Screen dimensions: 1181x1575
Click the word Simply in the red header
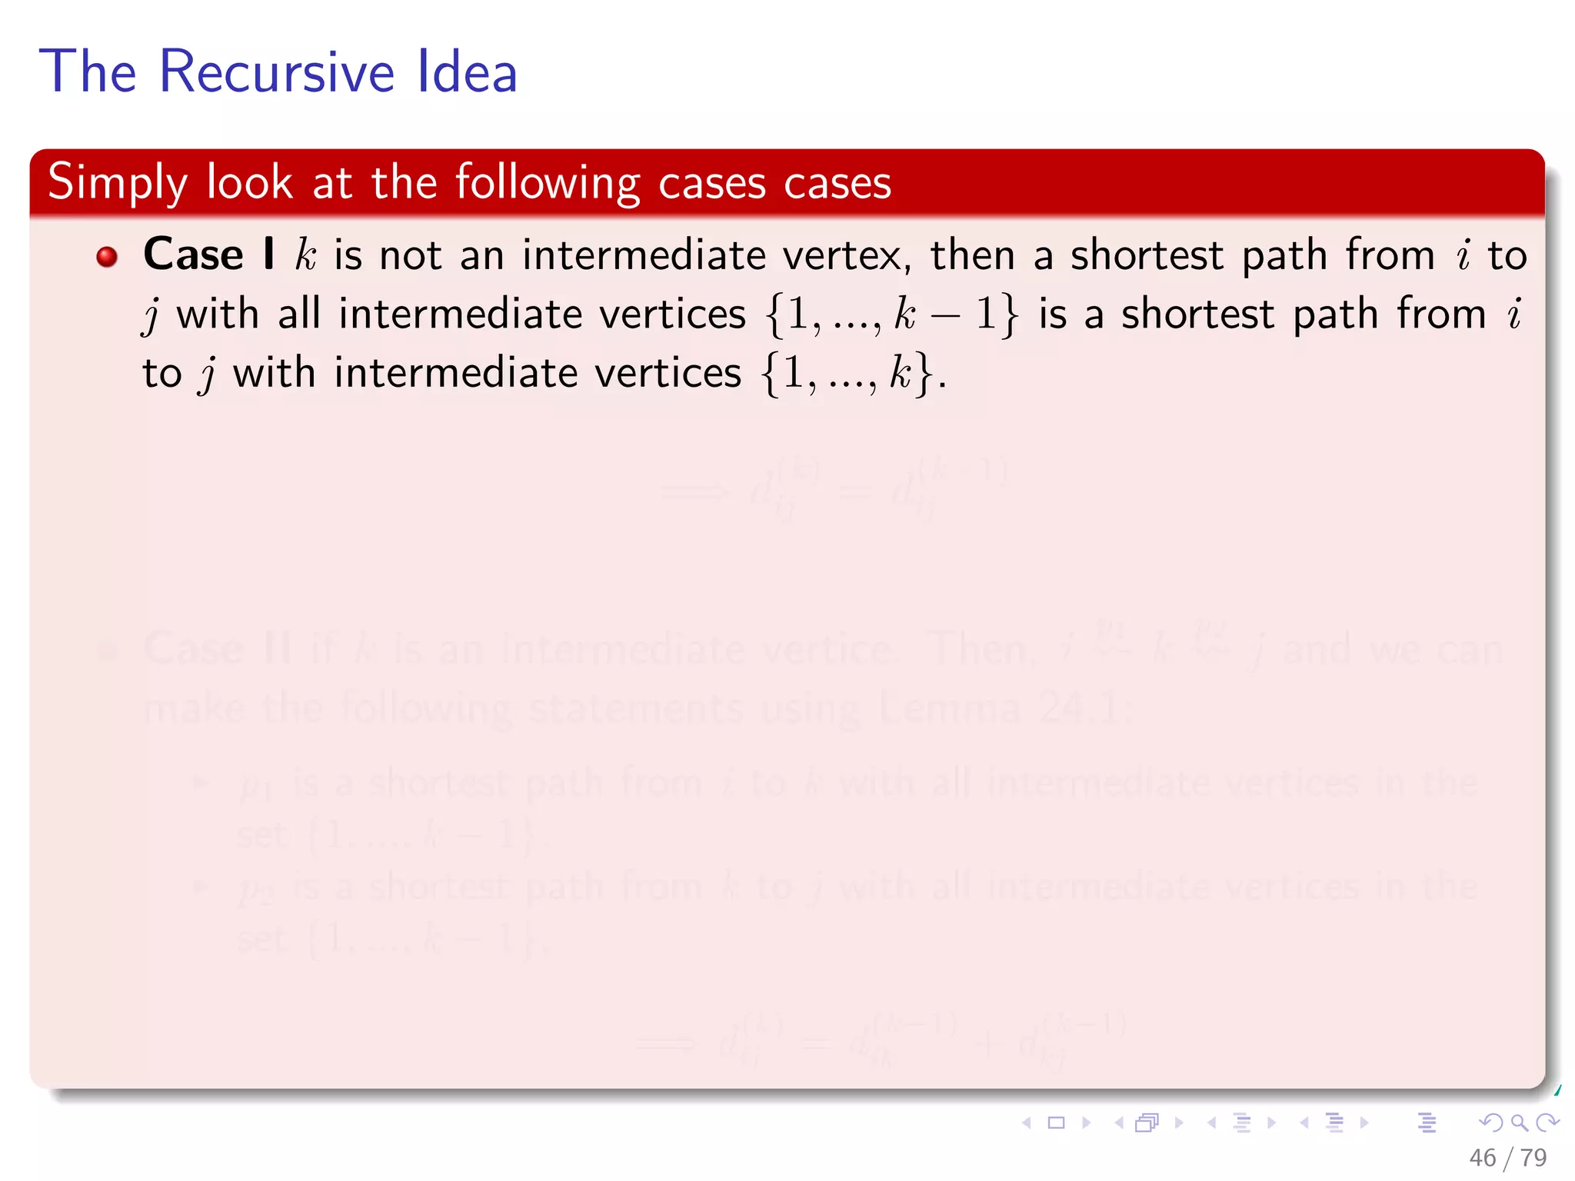point(117,183)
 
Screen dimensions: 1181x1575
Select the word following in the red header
point(547,183)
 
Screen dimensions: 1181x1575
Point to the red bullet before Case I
point(107,256)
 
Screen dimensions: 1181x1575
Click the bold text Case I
point(208,254)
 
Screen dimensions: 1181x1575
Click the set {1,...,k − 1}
point(892,314)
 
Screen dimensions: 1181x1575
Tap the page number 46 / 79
point(1507,1157)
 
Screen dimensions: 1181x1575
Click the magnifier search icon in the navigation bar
point(1519,1123)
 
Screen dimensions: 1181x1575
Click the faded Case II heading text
point(217,648)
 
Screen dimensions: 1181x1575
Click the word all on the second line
point(299,314)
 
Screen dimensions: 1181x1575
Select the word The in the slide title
point(88,72)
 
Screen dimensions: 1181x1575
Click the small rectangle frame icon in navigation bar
point(1057,1123)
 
